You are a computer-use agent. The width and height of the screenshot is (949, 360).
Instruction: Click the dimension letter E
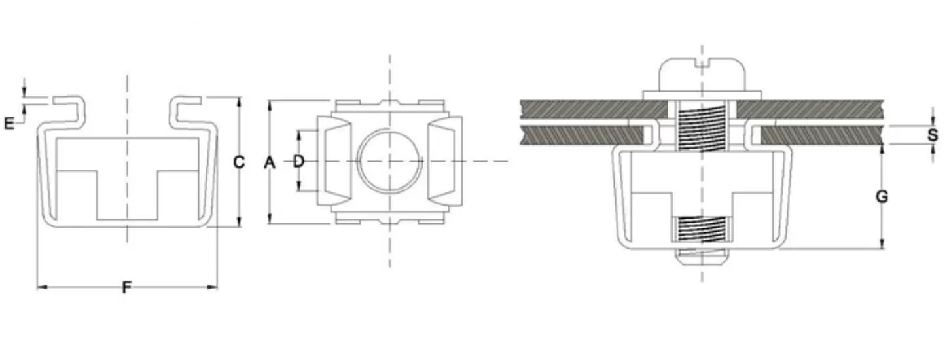(9, 122)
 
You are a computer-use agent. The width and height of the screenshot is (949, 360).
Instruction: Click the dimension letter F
(127, 287)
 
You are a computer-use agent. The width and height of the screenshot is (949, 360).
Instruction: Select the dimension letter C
(239, 162)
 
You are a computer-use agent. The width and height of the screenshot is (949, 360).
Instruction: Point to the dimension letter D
(298, 161)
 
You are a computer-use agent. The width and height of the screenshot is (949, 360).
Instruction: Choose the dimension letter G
(882, 196)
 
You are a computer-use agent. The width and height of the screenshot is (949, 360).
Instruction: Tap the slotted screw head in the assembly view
(702, 74)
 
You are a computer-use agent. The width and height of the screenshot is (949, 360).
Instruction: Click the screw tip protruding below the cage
(702, 257)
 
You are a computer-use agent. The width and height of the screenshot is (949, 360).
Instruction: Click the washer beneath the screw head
(702, 95)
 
